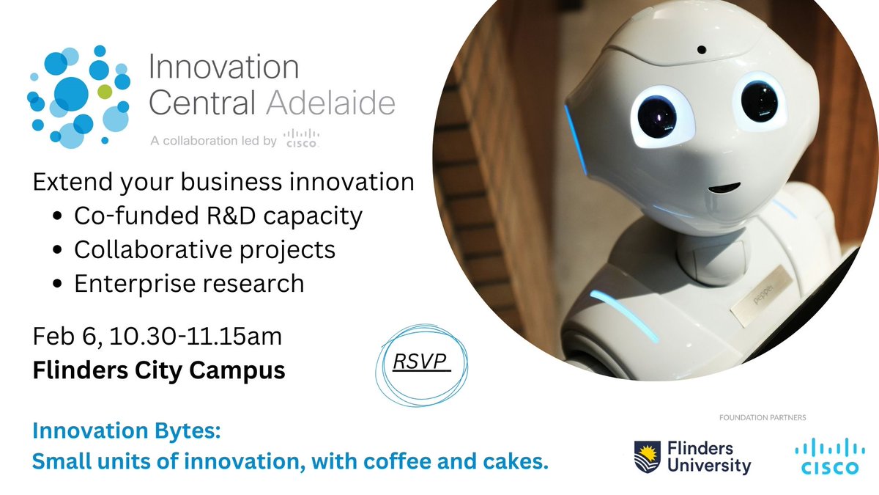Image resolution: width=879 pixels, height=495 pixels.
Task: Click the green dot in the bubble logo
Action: pos(105,91)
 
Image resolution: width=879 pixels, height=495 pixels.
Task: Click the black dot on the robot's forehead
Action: pos(702,51)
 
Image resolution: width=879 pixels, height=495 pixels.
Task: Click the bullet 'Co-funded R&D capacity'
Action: pos(218,216)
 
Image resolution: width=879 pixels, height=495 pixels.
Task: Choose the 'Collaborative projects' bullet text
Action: pos(204,249)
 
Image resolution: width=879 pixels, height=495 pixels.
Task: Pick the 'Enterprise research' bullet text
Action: pos(189,283)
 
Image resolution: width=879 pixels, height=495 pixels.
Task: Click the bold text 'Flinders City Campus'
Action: pos(159,370)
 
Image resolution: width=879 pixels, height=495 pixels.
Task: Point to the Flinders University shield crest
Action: pos(647,456)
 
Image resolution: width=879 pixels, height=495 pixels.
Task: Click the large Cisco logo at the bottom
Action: pos(824,455)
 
